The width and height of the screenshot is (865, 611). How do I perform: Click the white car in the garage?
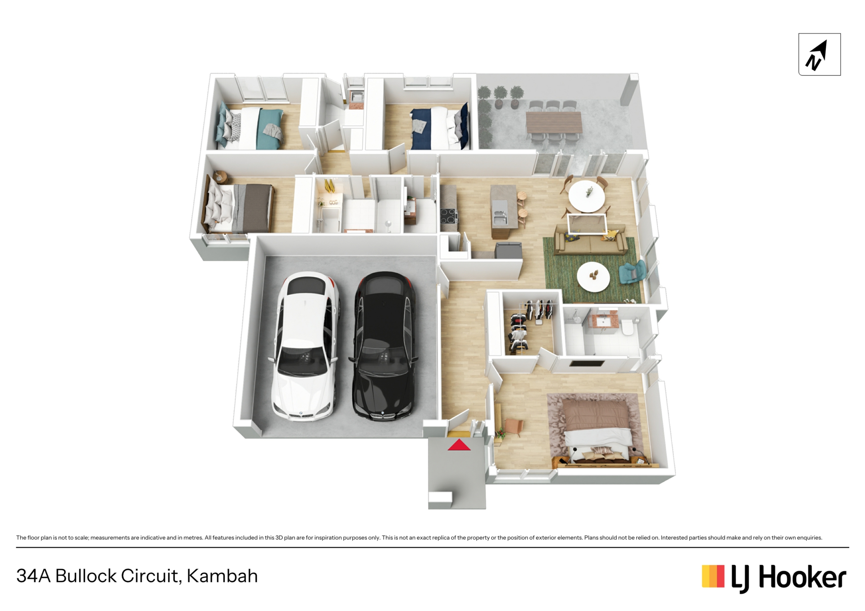tap(305, 346)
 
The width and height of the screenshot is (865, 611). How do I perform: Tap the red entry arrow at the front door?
tap(459, 445)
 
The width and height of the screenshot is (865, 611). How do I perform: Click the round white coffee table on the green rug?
tap(593, 276)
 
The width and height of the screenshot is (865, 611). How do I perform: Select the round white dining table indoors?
tap(587, 196)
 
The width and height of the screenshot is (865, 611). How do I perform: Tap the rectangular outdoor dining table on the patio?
tap(554, 122)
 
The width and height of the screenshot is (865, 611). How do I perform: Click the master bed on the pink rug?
tap(597, 430)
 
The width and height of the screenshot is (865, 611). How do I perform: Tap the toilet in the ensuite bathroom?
tap(627, 327)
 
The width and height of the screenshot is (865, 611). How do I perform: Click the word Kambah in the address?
tap(222, 576)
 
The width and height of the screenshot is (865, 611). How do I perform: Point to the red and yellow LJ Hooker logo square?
tap(713, 576)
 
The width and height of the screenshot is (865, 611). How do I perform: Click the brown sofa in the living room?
tap(590, 240)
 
